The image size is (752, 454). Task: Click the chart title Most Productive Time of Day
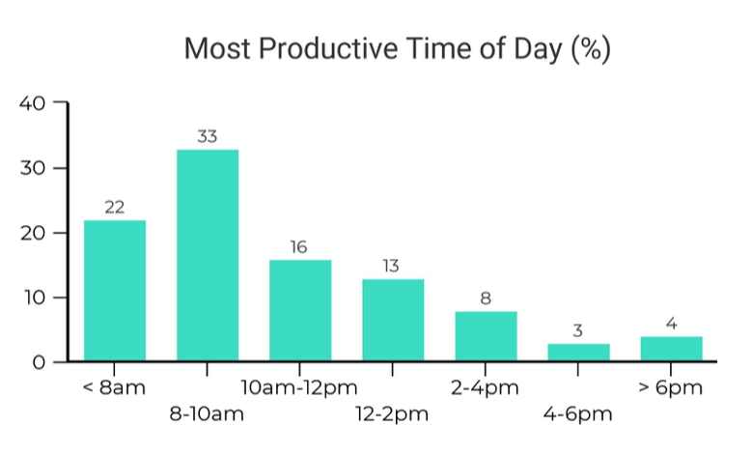pyautogui.click(x=398, y=49)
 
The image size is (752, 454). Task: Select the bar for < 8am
pyautogui.click(x=115, y=291)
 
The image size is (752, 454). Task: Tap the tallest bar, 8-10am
pyautogui.click(x=208, y=255)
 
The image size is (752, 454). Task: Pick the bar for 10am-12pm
pyautogui.click(x=300, y=310)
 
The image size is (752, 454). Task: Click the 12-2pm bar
pyautogui.click(x=393, y=320)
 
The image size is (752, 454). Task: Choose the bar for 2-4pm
pyautogui.click(x=486, y=336)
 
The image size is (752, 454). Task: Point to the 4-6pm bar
pyautogui.click(x=579, y=352)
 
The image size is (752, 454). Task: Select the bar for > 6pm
pyautogui.click(x=672, y=349)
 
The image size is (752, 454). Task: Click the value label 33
pyautogui.click(x=208, y=136)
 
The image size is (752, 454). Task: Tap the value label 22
pyautogui.click(x=115, y=208)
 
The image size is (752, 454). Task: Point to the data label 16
pyautogui.click(x=298, y=247)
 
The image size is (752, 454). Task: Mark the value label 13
pyautogui.click(x=391, y=266)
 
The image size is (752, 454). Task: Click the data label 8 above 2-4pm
pyautogui.click(x=486, y=298)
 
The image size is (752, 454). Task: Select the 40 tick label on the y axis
pyautogui.click(x=33, y=103)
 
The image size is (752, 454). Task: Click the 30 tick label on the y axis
pyautogui.click(x=33, y=168)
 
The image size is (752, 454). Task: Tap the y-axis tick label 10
pyautogui.click(x=35, y=298)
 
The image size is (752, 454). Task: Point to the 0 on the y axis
pyautogui.click(x=39, y=362)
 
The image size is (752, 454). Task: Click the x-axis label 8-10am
pyautogui.click(x=207, y=413)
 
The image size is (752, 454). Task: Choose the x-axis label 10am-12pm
pyautogui.click(x=299, y=387)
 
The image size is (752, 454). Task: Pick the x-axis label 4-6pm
pyautogui.click(x=578, y=413)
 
